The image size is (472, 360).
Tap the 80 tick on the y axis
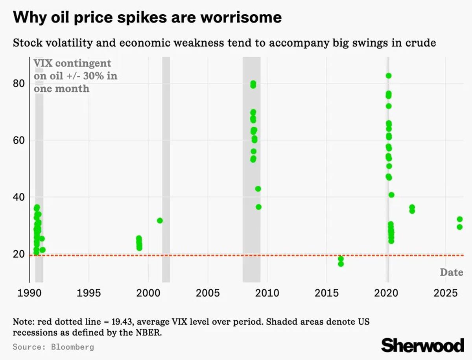(x=18, y=84)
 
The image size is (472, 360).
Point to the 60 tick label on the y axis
(x=18, y=140)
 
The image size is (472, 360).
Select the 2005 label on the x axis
(x=207, y=293)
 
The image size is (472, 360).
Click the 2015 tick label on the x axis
(x=326, y=293)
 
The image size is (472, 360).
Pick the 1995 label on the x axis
(x=88, y=293)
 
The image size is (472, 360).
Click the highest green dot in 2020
(x=388, y=76)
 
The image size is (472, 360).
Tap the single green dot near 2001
(x=160, y=220)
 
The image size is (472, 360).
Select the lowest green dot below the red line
(x=341, y=264)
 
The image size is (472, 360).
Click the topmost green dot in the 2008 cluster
(x=253, y=83)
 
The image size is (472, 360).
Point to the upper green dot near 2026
(x=459, y=219)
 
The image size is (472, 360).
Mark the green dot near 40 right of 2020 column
(x=391, y=195)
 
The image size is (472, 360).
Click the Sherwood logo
(x=422, y=345)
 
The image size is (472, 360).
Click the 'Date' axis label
(x=451, y=272)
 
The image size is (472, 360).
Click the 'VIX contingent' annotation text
(x=72, y=63)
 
